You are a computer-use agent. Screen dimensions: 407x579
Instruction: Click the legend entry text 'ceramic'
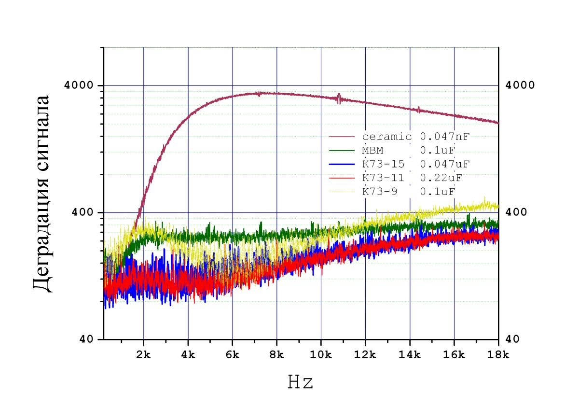tap(387, 137)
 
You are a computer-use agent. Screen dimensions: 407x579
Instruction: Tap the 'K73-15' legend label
tap(384, 164)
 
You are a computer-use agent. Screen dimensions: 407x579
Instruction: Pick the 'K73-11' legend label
tap(384, 178)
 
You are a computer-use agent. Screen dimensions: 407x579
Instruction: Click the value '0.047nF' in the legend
tap(444, 137)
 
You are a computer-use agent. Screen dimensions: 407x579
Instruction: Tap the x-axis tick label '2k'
tap(144, 355)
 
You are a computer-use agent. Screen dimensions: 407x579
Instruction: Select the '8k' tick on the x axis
tap(277, 355)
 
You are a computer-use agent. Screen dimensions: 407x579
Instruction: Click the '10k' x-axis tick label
tap(321, 355)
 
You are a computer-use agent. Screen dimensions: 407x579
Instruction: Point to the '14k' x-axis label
tap(410, 355)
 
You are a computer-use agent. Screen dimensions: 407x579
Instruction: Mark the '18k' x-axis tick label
tap(498, 355)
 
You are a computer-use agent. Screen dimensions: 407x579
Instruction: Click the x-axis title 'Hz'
tap(301, 382)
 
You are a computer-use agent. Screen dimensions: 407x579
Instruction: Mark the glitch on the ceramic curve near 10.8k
tap(339, 98)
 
